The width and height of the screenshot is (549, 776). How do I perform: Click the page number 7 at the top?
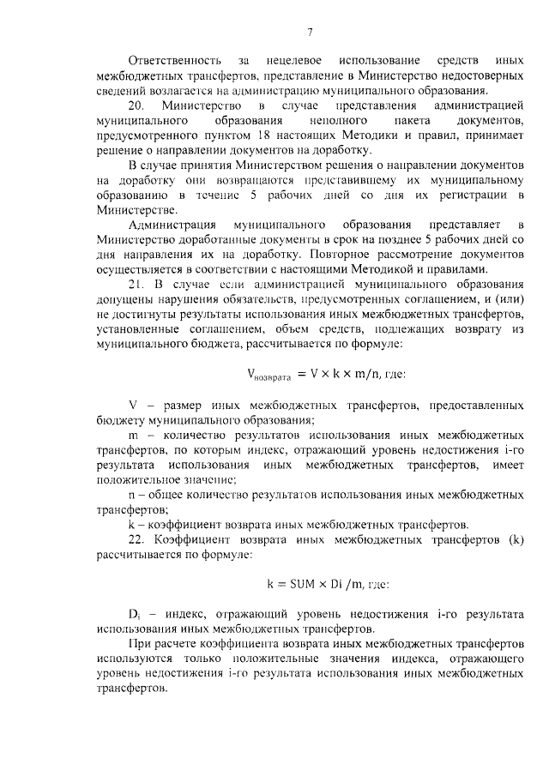click(310, 33)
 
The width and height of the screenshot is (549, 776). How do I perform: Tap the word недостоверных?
click(480, 75)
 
